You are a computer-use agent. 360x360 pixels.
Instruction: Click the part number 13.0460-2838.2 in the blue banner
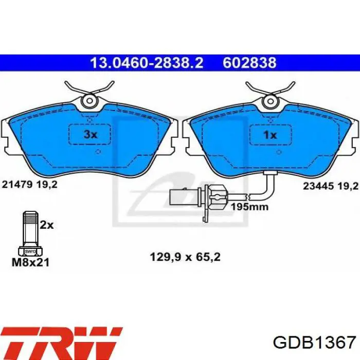[x=147, y=63]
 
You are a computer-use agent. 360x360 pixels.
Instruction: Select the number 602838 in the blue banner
[x=249, y=63]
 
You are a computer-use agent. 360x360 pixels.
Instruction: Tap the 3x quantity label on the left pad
[x=91, y=135]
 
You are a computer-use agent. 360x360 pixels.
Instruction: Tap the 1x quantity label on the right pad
[x=270, y=135]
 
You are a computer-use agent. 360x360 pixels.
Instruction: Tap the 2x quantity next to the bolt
[x=47, y=224]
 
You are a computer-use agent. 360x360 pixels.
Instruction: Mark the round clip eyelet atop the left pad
[x=90, y=101]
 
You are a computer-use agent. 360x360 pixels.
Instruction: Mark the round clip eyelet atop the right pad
[x=270, y=101]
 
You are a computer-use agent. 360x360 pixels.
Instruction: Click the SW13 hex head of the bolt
[x=30, y=251]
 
